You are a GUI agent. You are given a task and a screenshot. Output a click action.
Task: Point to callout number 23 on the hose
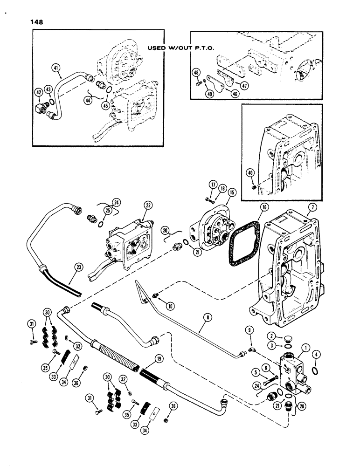(x=77, y=267)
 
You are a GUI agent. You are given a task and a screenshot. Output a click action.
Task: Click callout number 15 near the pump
(x=232, y=192)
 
